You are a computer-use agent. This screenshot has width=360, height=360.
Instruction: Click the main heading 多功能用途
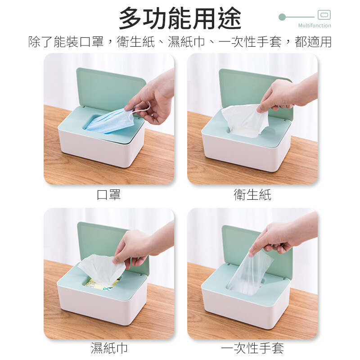(180, 18)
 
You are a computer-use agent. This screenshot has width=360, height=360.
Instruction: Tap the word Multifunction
(315, 26)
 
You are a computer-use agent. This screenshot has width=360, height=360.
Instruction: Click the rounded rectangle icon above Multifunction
(324, 15)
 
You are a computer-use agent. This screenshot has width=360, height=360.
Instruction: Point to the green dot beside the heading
(282, 17)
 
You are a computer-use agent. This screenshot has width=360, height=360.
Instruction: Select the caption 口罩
(109, 195)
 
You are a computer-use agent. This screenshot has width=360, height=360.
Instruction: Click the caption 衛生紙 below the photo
(252, 195)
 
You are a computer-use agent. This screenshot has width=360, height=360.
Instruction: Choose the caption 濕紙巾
(109, 348)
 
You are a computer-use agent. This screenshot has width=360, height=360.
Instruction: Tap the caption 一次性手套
(252, 348)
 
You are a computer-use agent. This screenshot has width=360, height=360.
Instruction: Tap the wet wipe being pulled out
(101, 269)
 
